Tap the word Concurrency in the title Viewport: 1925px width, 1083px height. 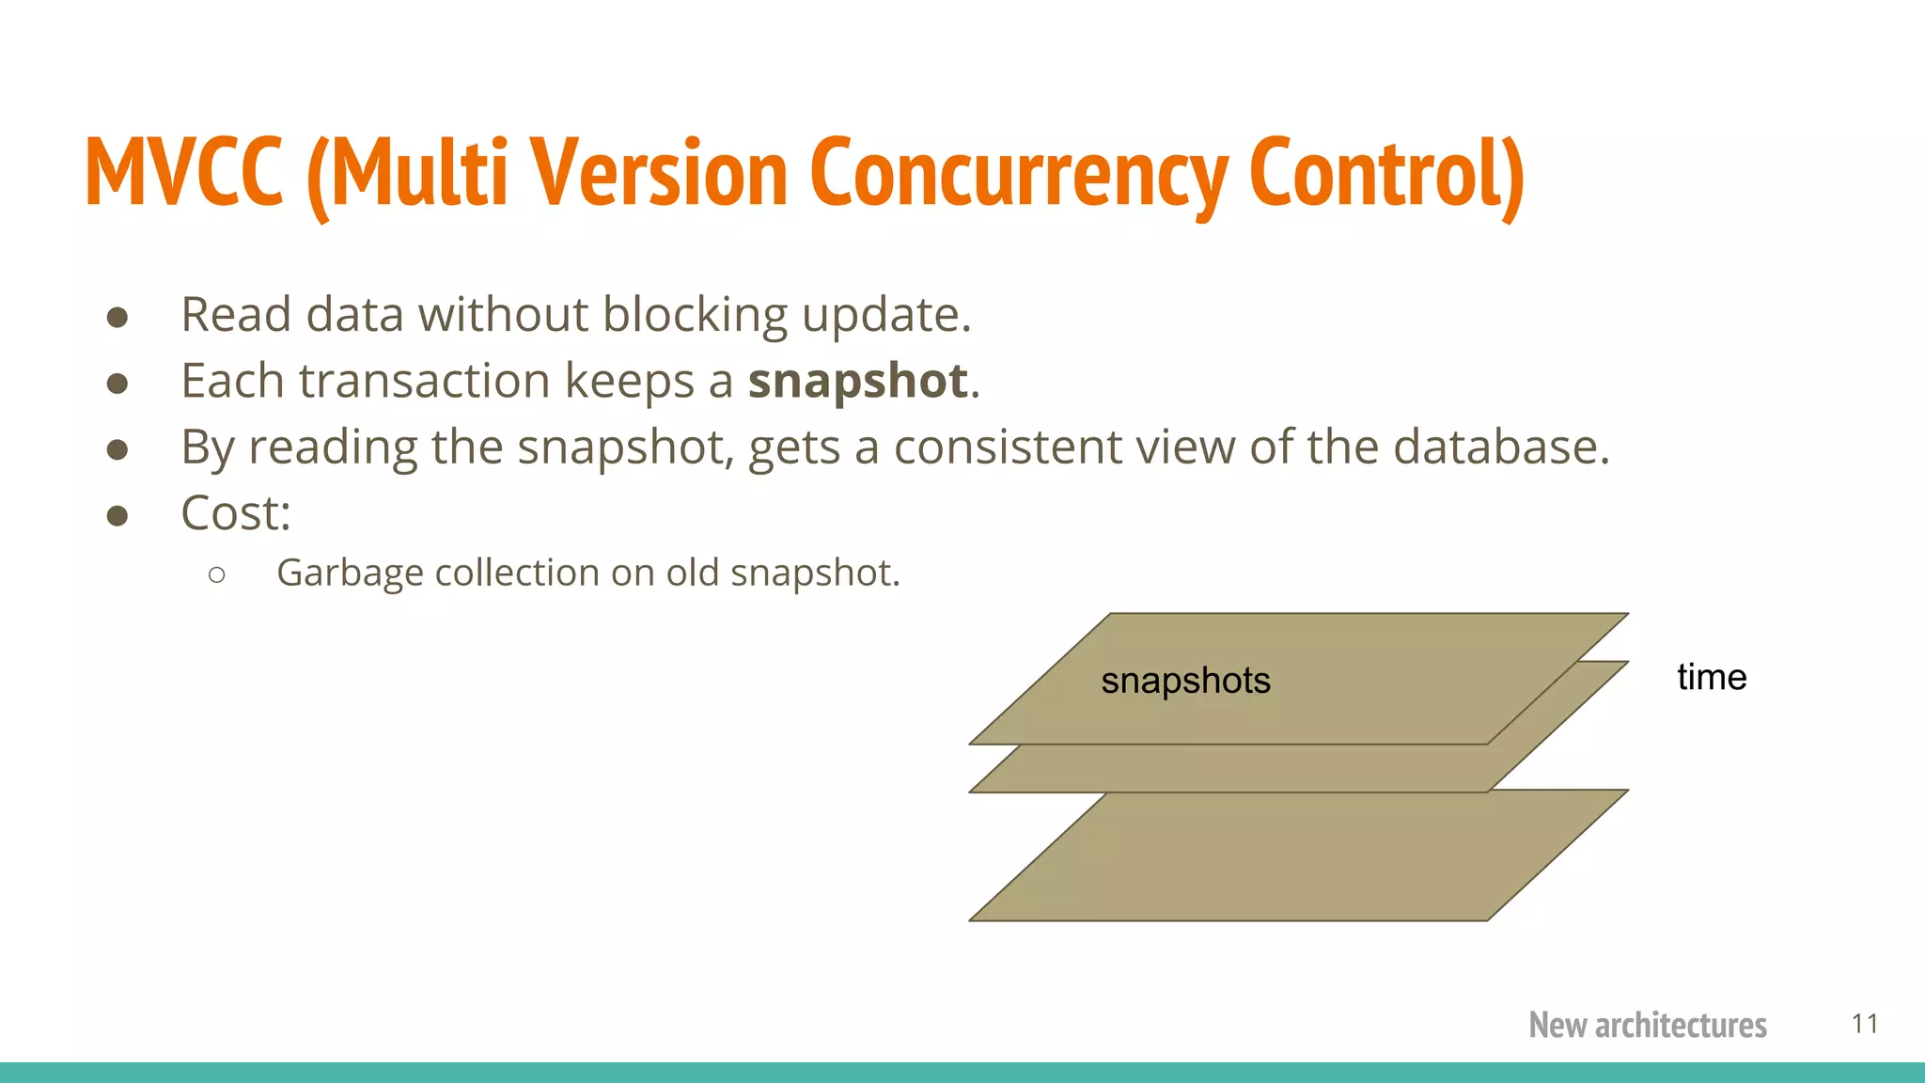pos(1018,174)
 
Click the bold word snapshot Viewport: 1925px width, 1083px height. pos(857,381)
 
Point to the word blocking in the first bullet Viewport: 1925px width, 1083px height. pos(695,315)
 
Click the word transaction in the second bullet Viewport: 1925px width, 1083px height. pos(424,381)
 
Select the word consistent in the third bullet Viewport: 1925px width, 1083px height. pos(1007,447)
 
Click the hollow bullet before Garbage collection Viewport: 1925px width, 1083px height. pos(217,574)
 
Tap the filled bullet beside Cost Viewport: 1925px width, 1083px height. pos(117,515)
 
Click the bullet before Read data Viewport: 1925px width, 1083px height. pos(117,317)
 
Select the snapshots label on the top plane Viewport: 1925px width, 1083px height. pos(1185,681)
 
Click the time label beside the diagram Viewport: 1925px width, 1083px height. pos(1711,677)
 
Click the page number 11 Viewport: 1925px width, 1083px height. pos(1865,1024)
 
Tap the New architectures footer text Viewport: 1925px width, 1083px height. pos(1647,1025)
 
